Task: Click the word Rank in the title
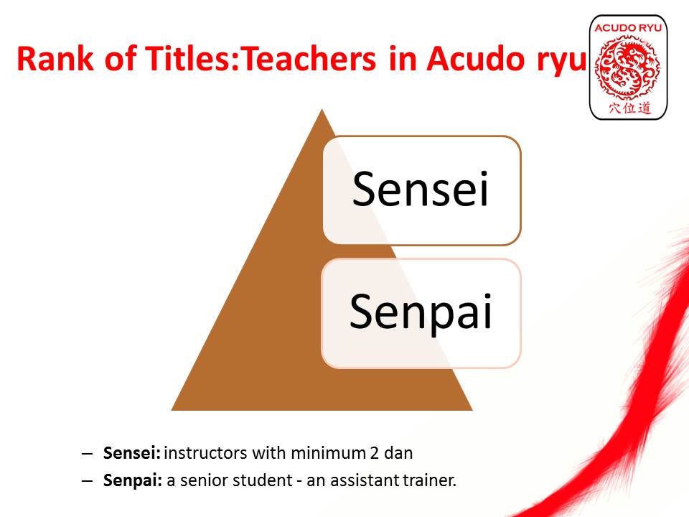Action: tap(55, 58)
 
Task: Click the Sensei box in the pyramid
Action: tap(422, 190)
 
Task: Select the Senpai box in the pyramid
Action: tap(421, 313)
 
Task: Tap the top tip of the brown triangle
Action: tap(322, 109)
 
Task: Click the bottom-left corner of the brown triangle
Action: tap(172, 411)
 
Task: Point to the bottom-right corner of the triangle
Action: tap(472, 411)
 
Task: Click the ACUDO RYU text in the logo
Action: tap(628, 28)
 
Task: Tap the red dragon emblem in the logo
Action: tap(628, 67)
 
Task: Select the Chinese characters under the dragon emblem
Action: tap(629, 108)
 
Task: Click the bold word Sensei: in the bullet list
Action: tap(132, 453)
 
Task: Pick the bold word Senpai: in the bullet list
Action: tap(133, 480)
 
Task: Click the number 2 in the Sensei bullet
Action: tap(374, 453)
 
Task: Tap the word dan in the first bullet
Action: tap(398, 453)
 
